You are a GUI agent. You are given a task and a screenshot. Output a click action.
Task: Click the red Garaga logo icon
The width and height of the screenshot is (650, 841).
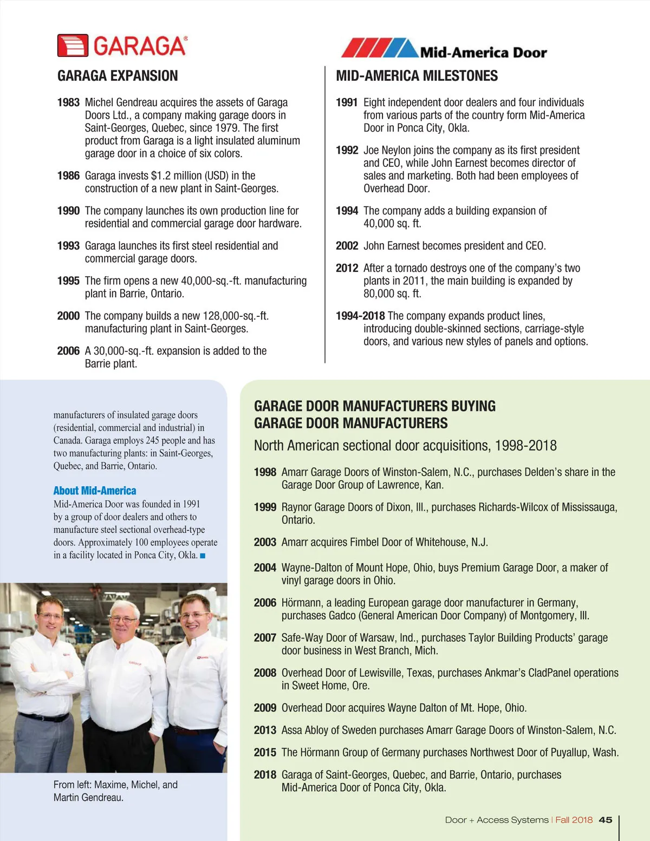click(x=73, y=46)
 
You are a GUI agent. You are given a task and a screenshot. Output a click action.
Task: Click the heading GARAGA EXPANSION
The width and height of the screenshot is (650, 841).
click(x=118, y=76)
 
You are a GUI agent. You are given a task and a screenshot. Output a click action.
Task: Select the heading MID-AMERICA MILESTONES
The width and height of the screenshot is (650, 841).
click(x=417, y=76)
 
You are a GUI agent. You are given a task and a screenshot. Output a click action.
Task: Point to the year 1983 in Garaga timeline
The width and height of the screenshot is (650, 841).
click(x=68, y=102)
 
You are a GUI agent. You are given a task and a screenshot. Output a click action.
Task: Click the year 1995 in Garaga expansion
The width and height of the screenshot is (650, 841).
click(x=68, y=281)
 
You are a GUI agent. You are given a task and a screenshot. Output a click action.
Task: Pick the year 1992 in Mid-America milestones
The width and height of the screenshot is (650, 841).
click(x=347, y=150)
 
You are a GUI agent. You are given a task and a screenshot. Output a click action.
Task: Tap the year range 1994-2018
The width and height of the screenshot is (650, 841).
click(x=360, y=316)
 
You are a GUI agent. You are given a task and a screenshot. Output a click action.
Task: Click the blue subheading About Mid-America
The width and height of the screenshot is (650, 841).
click(x=95, y=491)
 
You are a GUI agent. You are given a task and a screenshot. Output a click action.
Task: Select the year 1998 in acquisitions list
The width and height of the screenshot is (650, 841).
click(x=265, y=472)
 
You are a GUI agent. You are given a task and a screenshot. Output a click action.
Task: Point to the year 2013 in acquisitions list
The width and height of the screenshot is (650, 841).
click(x=265, y=730)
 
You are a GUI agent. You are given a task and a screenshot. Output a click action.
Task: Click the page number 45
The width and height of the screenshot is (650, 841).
click(x=606, y=820)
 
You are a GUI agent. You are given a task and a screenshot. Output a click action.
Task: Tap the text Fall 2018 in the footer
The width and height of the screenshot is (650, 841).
click(x=574, y=820)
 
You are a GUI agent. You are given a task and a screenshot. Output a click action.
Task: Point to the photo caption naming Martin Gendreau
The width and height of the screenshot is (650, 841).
click(x=88, y=797)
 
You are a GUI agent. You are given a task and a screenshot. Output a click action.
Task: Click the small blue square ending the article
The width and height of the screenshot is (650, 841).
click(x=203, y=556)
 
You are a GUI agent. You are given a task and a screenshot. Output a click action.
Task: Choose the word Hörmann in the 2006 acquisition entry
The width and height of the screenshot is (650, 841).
click(x=302, y=603)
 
